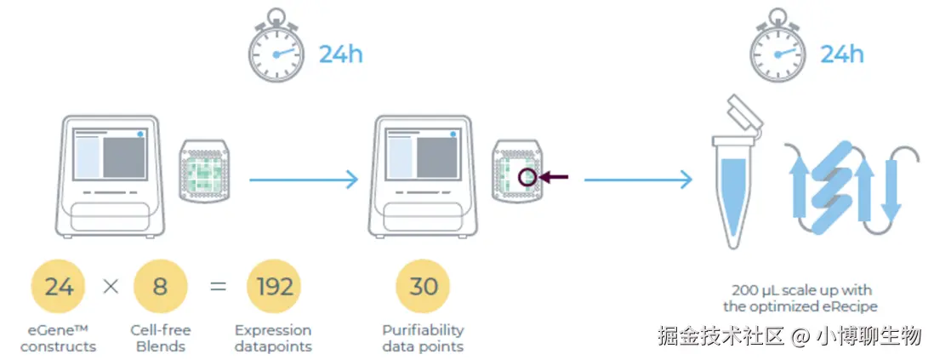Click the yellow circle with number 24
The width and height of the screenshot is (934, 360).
59,287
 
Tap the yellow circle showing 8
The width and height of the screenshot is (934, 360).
160,287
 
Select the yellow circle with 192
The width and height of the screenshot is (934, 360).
273,287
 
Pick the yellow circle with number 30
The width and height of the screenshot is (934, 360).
423,287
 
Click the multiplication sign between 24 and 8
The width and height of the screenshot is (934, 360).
110,287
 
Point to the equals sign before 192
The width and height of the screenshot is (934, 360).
218,287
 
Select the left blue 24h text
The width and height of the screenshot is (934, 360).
340,55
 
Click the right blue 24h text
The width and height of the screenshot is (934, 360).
841,55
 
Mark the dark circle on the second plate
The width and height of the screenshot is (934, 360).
527,177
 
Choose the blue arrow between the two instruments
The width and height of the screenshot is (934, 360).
303,179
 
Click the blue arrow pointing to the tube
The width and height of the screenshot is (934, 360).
637,179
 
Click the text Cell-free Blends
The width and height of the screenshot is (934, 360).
161,338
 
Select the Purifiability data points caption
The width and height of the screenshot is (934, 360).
423,338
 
